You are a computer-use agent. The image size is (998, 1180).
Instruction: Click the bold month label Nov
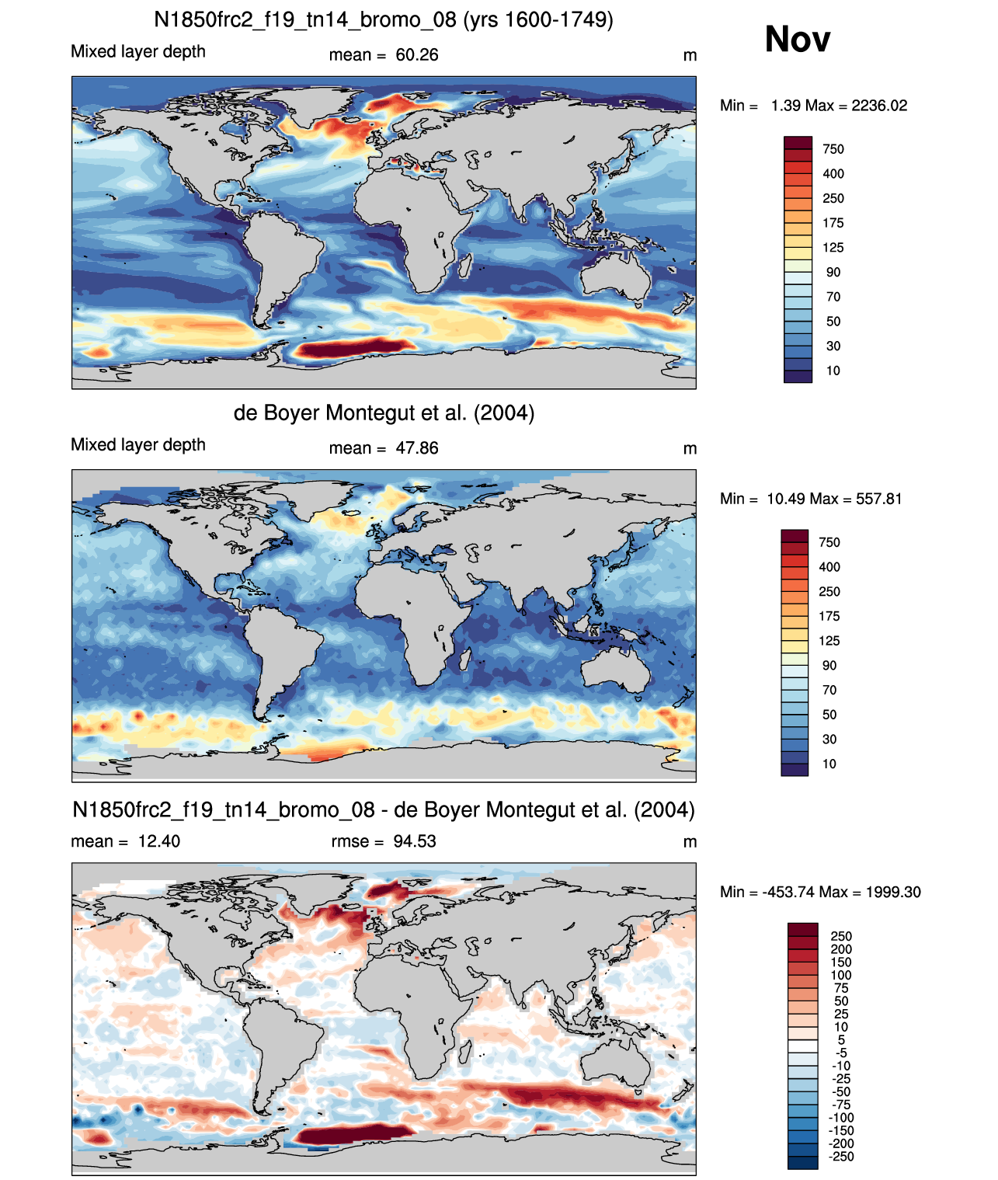pos(797,40)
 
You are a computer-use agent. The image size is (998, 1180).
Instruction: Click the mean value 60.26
pos(416,55)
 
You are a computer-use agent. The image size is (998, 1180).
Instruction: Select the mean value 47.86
pos(416,448)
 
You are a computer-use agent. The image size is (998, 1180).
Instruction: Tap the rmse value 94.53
pos(414,841)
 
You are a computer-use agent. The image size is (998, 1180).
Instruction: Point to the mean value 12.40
pos(158,841)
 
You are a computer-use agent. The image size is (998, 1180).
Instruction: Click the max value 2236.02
pos(878,106)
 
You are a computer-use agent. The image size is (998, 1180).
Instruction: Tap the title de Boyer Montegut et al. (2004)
pos(384,412)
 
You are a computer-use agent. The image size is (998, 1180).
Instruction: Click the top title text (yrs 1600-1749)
pos(538,20)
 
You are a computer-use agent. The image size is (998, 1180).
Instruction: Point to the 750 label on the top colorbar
pos(833,149)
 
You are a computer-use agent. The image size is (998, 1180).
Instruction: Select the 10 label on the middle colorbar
pos(829,764)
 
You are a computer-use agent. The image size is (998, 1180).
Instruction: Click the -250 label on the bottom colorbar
pos(841,1157)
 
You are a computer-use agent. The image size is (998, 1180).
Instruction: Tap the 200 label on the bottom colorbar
pos(841,949)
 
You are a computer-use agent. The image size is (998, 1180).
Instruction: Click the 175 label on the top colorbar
pos(833,223)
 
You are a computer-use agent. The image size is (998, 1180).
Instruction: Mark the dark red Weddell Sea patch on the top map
pos(354,348)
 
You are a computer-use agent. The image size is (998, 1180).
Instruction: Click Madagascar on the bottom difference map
pos(466,1052)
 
